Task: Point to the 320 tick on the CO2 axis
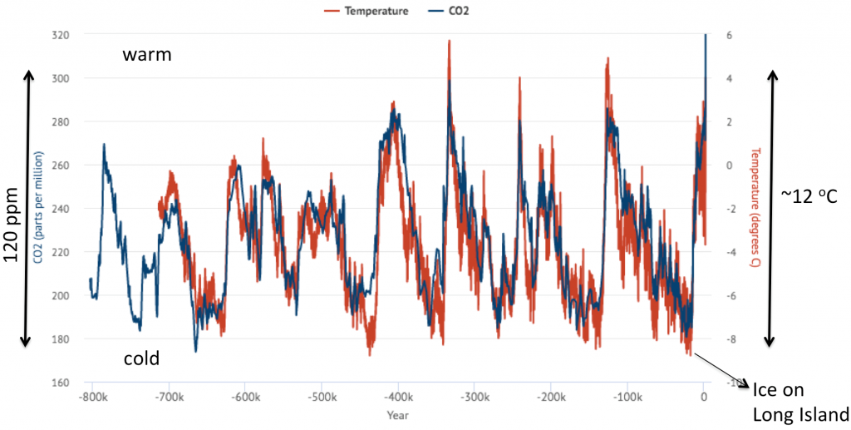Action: click(x=59, y=36)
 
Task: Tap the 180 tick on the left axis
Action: click(x=59, y=339)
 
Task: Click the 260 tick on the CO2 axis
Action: click(x=59, y=166)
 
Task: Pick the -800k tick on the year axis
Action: click(x=92, y=398)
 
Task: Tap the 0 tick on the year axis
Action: click(x=704, y=398)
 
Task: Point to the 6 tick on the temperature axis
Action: click(x=727, y=36)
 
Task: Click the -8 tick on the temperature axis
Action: click(x=728, y=339)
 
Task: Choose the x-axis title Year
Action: click(x=398, y=413)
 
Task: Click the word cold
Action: click(x=141, y=358)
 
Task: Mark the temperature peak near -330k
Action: click(x=449, y=41)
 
